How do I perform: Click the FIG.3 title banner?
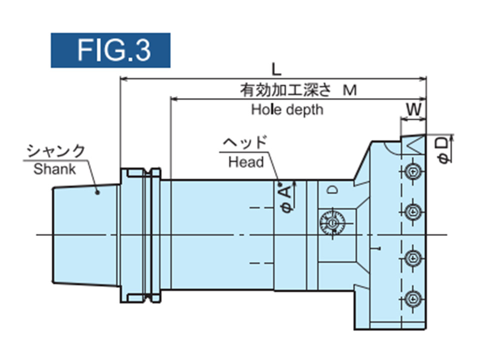pyautogui.click(x=110, y=50)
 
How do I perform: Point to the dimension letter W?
pyautogui.click(x=412, y=108)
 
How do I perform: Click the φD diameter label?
pyautogui.click(x=442, y=149)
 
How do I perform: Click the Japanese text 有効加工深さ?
pyautogui.click(x=285, y=90)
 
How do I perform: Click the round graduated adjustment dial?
pyautogui.click(x=330, y=222)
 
